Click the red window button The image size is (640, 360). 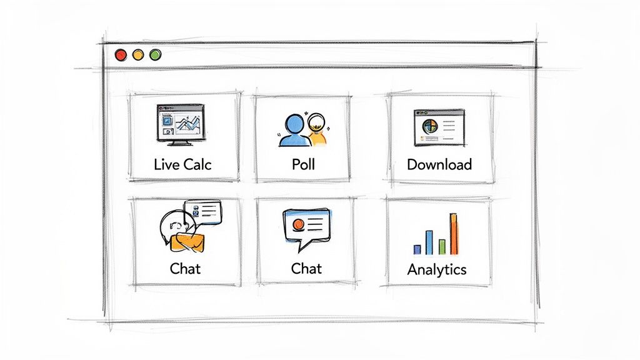point(121,55)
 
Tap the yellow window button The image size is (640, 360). point(138,55)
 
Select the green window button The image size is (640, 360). point(155,55)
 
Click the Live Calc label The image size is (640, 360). point(182,164)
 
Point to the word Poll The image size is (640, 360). point(303,164)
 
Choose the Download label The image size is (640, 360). point(439,164)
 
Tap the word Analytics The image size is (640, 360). point(437,270)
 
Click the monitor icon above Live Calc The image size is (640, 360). point(181,124)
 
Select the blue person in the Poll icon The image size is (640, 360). point(294,131)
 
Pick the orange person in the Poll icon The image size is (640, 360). point(317,130)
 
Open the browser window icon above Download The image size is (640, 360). point(439,127)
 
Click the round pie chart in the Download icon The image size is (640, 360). point(430,126)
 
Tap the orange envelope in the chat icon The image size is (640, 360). point(187,242)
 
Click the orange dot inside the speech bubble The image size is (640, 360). point(298,224)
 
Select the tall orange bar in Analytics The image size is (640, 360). point(454,234)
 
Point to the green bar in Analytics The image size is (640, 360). point(442,247)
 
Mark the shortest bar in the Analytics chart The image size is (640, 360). point(417,250)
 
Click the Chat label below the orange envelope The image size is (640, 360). point(185,269)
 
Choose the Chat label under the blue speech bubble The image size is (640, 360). point(306,269)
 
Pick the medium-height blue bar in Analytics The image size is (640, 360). point(429,242)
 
